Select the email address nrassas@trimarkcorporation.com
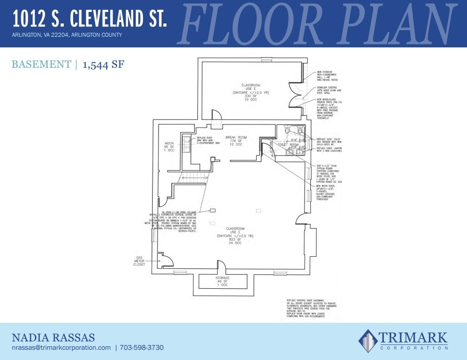tap(61, 348)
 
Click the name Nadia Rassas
tap(53, 337)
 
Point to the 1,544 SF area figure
tap(103, 65)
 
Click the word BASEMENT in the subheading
tap(41, 65)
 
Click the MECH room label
tap(169, 143)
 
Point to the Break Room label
tap(236, 137)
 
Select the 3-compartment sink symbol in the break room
tap(187, 145)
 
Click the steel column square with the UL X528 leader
tap(212, 210)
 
